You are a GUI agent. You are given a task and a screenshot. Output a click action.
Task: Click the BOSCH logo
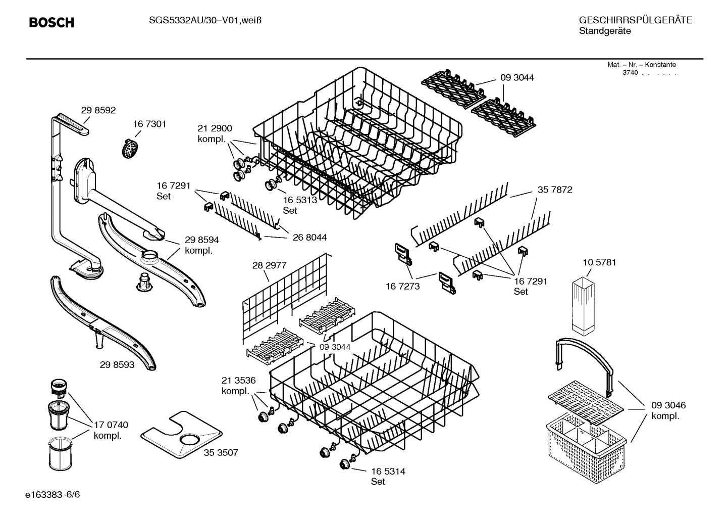(x=51, y=23)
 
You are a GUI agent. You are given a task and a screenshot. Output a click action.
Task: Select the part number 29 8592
(x=98, y=110)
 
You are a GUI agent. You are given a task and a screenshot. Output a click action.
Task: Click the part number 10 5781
(x=599, y=262)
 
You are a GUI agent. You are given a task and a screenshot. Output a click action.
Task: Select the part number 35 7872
(x=555, y=190)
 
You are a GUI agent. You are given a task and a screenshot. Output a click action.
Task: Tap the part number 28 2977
(x=269, y=265)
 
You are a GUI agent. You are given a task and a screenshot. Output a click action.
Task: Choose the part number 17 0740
(x=111, y=425)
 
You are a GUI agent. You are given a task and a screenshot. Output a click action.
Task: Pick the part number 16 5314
(x=388, y=471)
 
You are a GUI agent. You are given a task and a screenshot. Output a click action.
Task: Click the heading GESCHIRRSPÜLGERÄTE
(x=635, y=20)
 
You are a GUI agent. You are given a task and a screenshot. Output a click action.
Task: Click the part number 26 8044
(x=309, y=237)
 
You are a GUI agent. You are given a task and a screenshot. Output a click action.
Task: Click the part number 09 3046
(x=668, y=405)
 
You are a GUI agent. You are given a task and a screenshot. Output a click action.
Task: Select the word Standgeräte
(x=604, y=31)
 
